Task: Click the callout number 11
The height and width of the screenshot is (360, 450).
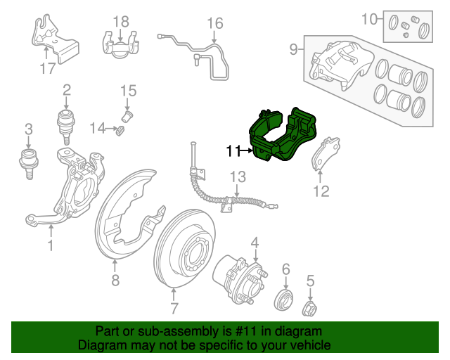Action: click(x=233, y=150)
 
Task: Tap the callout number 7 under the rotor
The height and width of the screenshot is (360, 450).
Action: click(x=174, y=307)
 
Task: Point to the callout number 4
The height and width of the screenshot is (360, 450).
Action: click(x=255, y=243)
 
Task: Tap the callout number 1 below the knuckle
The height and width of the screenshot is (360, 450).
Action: click(x=51, y=245)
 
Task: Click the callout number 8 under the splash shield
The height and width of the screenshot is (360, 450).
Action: click(x=115, y=282)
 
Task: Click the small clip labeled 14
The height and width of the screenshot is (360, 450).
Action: click(x=120, y=130)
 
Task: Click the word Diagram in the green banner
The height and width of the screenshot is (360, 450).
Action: click(x=99, y=346)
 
